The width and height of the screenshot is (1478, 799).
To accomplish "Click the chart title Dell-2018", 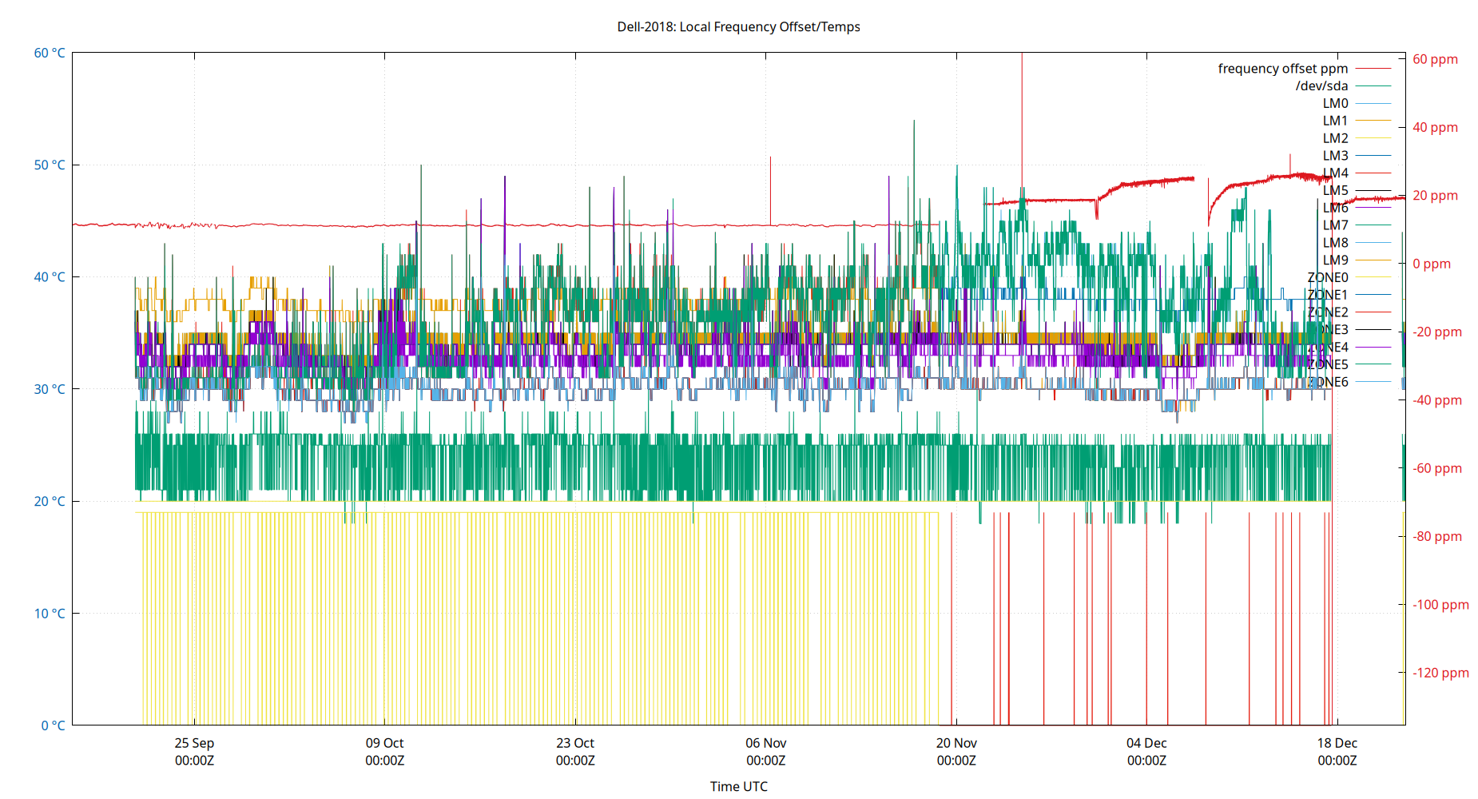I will click(738, 26).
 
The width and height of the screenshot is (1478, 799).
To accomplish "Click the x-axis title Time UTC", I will click(738, 786).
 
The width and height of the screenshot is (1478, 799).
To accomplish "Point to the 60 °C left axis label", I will click(50, 53).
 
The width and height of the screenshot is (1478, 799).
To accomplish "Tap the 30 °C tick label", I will click(50, 389).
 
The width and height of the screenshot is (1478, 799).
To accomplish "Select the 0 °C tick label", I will click(53, 725).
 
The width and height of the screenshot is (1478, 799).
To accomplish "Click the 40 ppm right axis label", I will click(1435, 127).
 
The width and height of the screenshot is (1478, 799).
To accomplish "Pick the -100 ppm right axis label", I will click(1440, 604).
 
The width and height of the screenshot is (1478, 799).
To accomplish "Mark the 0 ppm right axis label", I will click(1431, 264).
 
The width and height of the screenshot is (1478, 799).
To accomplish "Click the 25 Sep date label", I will click(194, 743).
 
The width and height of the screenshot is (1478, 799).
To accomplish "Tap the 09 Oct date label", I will click(384, 743).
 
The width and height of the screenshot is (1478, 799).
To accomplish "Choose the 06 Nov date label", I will click(765, 743).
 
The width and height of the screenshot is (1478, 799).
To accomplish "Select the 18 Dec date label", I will click(1337, 743).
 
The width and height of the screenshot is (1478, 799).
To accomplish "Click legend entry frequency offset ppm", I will click(1282, 69).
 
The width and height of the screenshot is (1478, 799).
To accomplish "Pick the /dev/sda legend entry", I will click(1321, 86).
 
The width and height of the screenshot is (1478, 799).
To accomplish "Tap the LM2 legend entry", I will click(1335, 138).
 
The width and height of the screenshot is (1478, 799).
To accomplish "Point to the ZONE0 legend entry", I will click(1327, 277).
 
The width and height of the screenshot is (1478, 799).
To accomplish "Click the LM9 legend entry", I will click(1335, 260).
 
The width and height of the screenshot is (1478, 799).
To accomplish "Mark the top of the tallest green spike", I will click(914, 121).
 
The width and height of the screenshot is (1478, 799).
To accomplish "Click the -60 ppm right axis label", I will click(1436, 468).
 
